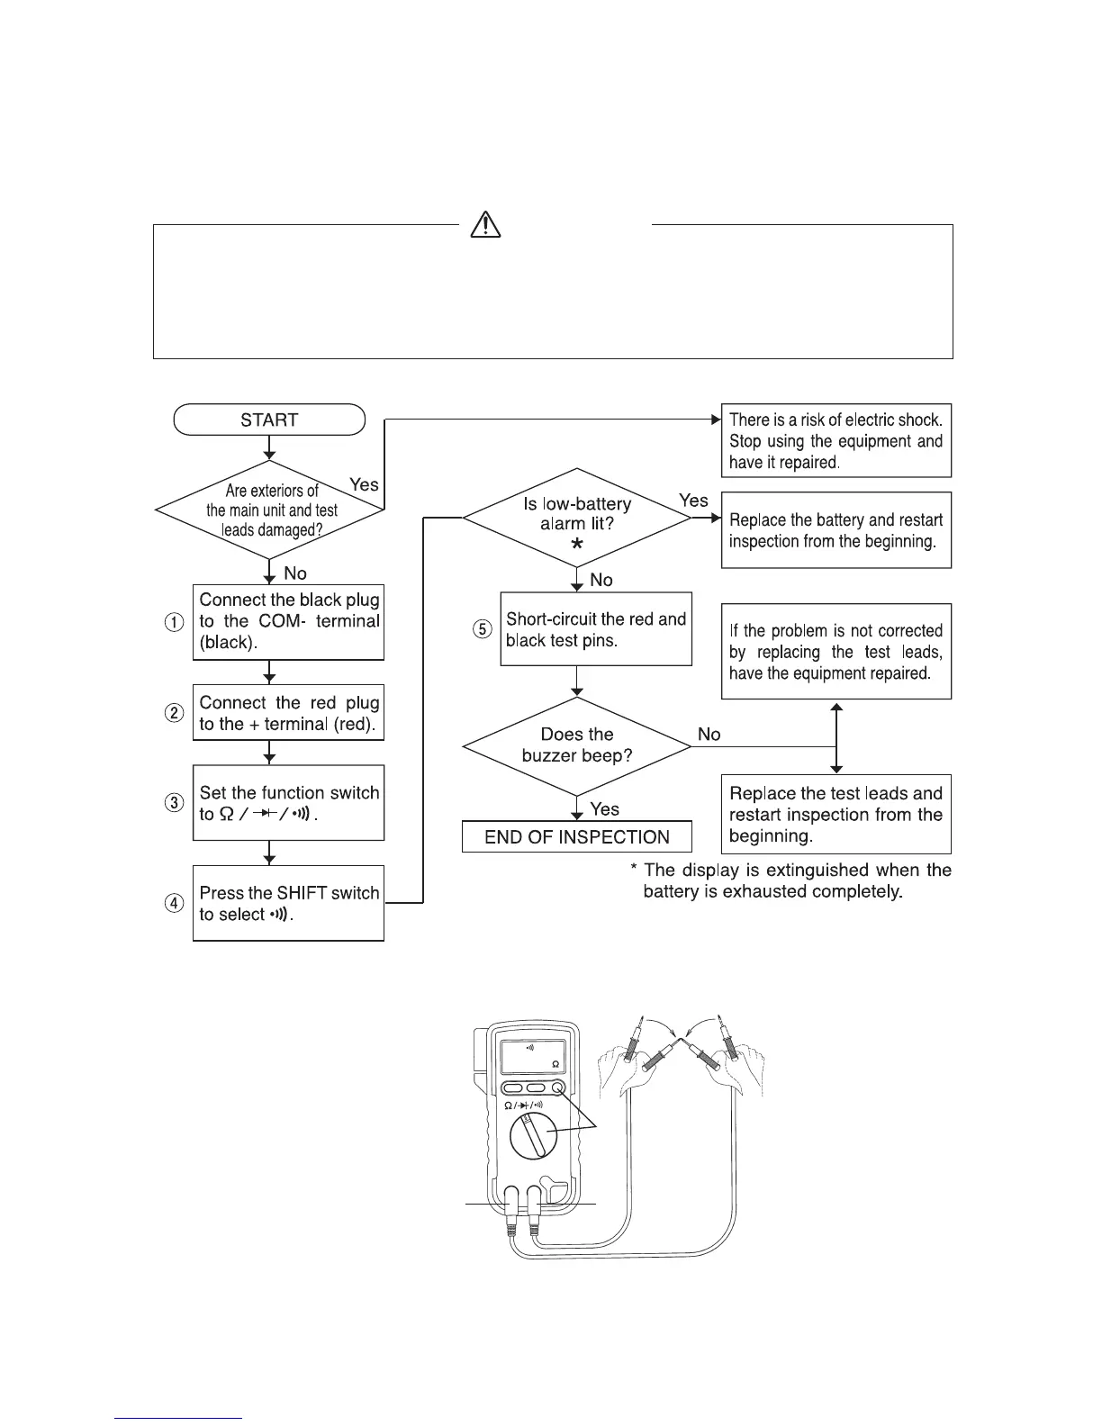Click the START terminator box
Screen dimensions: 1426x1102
(x=269, y=420)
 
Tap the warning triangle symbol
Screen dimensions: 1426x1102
(x=485, y=224)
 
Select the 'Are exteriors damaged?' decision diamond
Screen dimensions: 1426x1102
(x=270, y=510)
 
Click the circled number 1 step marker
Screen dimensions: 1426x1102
(x=175, y=622)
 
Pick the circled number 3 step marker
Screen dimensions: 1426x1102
(x=175, y=803)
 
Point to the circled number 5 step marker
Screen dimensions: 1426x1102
(x=483, y=629)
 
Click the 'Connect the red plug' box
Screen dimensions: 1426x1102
(x=288, y=713)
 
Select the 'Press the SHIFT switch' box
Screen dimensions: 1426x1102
(x=288, y=903)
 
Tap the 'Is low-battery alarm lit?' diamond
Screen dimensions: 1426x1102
(x=577, y=517)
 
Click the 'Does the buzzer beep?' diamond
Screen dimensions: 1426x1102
(x=577, y=745)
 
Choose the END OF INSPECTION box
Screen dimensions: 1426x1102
(x=577, y=837)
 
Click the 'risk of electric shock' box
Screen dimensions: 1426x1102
(x=836, y=440)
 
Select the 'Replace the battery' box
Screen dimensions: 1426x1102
(x=836, y=530)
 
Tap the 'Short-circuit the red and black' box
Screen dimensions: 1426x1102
(x=596, y=629)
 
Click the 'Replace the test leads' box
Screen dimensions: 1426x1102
(x=836, y=814)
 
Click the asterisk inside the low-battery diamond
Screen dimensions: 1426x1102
(x=577, y=545)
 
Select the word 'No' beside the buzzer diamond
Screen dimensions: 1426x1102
(x=709, y=735)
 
